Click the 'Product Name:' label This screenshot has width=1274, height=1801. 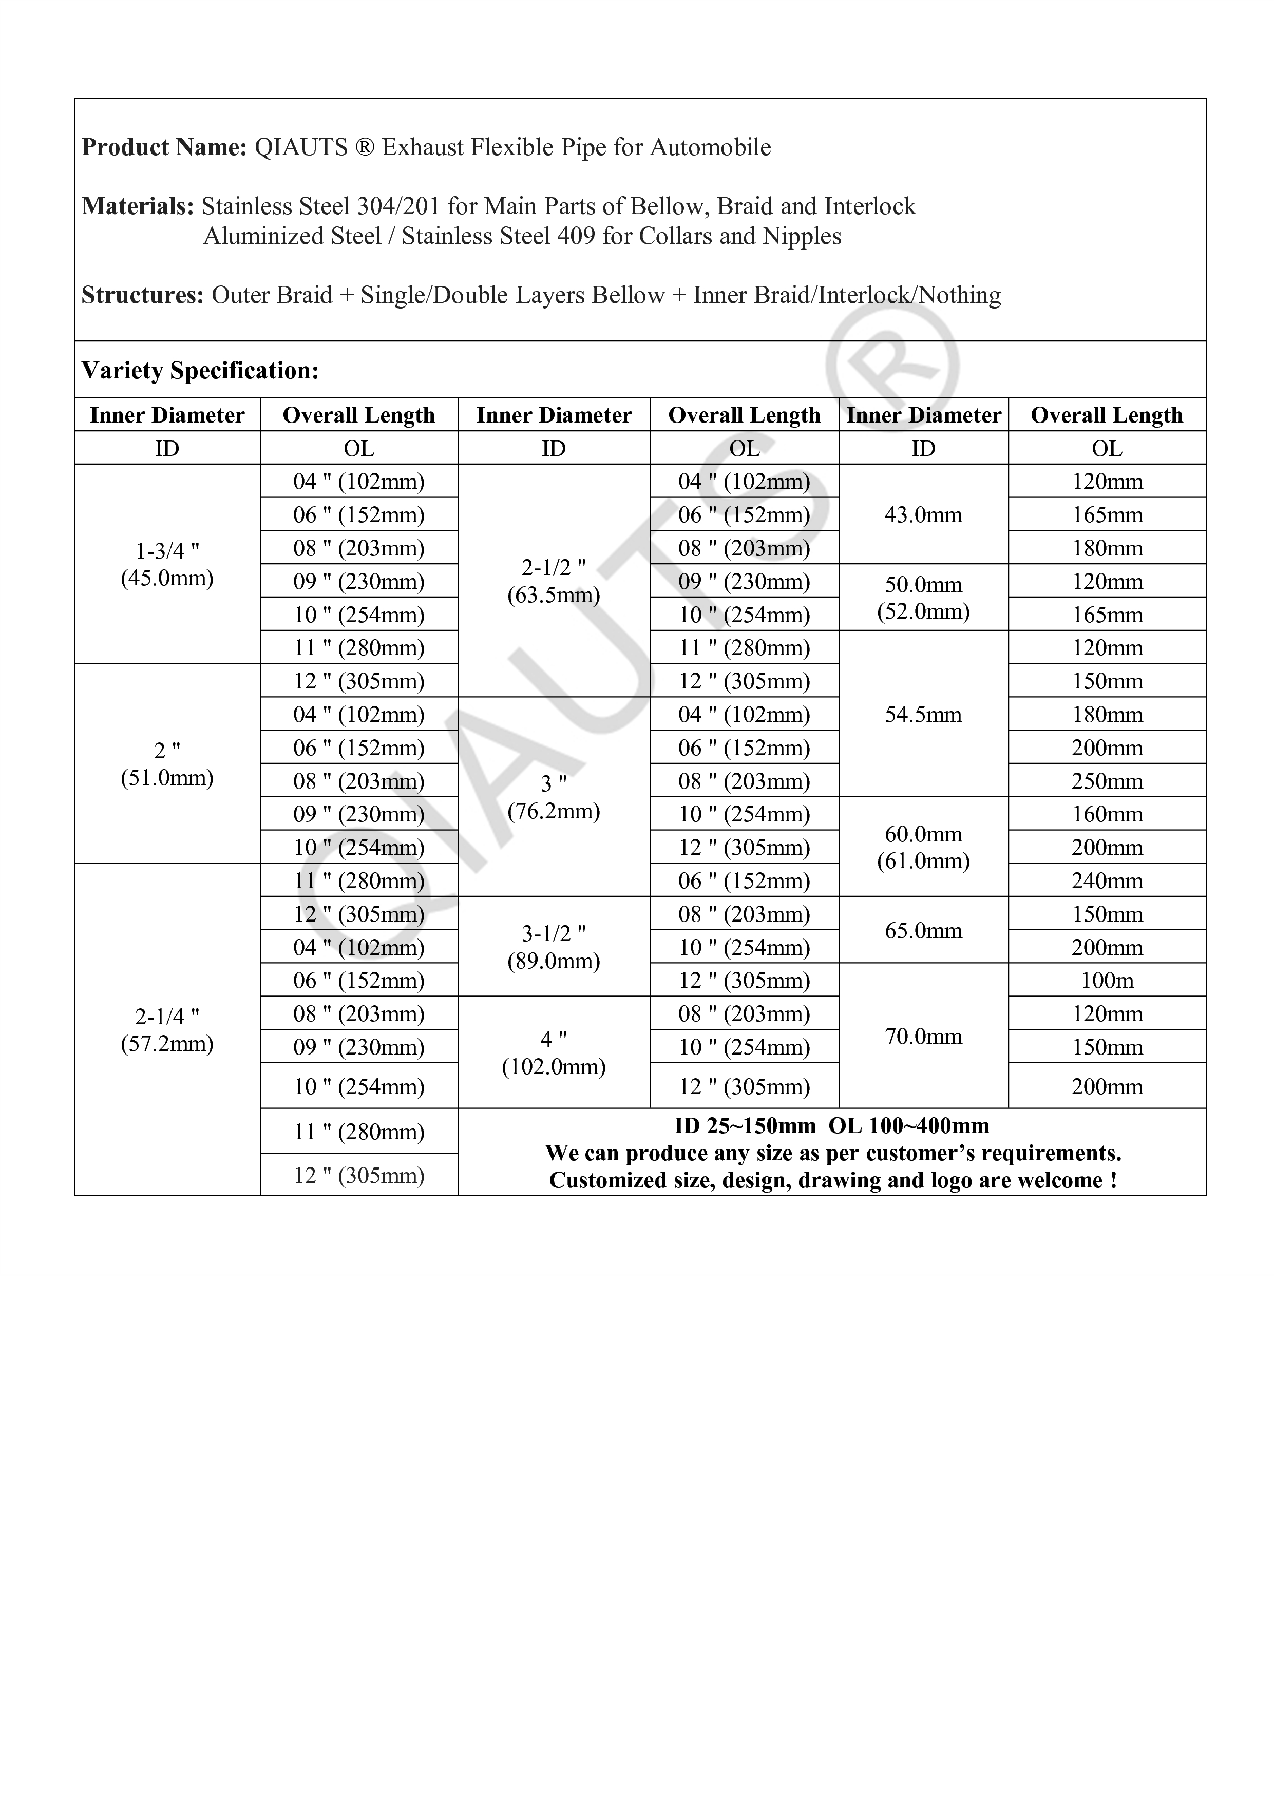[x=164, y=147]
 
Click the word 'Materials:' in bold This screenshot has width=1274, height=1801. [x=137, y=206]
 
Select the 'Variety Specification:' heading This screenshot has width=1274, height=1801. [x=200, y=370]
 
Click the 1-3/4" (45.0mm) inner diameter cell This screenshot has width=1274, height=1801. [x=167, y=564]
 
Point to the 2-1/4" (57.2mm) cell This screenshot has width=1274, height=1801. [x=167, y=1029]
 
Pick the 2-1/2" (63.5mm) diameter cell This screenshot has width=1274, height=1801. [x=554, y=581]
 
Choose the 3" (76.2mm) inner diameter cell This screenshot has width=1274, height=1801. [x=554, y=797]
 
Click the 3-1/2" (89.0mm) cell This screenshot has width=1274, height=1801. [x=554, y=947]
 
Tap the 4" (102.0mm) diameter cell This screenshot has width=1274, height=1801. [x=554, y=1052]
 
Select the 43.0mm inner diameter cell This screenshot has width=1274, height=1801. [x=923, y=514]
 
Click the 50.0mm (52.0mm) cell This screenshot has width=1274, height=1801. [x=923, y=598]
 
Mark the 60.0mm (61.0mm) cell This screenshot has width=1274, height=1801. [x=923, y=847]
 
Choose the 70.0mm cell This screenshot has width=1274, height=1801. [x=923, y=1036]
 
